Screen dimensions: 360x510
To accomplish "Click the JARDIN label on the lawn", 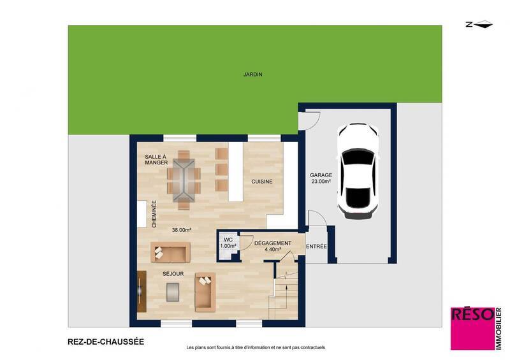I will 252,75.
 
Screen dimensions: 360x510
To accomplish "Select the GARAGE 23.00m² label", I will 321,178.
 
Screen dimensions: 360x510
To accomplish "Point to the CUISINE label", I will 261,182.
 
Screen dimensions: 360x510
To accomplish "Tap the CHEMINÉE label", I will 154,214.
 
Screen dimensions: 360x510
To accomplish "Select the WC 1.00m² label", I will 228,243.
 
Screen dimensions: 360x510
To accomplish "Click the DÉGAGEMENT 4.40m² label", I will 273,246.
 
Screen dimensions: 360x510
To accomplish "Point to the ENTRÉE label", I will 316,247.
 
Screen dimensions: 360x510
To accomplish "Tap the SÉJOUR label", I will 173,274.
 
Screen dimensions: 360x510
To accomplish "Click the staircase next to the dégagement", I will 286,293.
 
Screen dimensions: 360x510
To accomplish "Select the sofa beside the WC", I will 170,253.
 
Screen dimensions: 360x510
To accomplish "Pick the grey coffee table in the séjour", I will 173,292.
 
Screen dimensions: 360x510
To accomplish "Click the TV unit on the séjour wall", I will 141,292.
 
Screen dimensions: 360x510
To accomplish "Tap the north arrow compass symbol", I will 479,24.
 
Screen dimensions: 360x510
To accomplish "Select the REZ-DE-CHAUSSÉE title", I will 105,342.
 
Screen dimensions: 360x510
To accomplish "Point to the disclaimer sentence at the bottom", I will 256,347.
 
